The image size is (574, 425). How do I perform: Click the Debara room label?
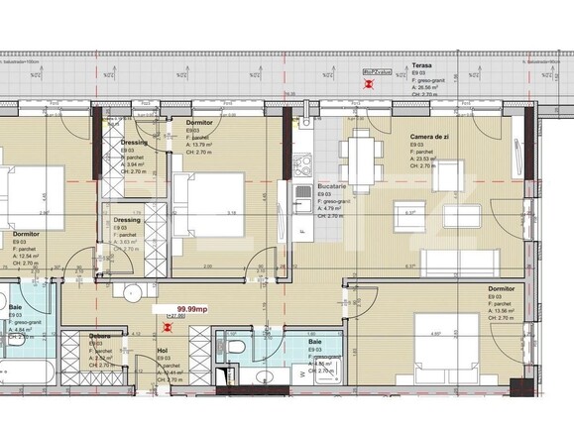coord(98,336)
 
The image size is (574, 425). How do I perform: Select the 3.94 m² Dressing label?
coord(135,142)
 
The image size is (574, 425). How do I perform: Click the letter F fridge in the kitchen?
coord(301,233)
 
